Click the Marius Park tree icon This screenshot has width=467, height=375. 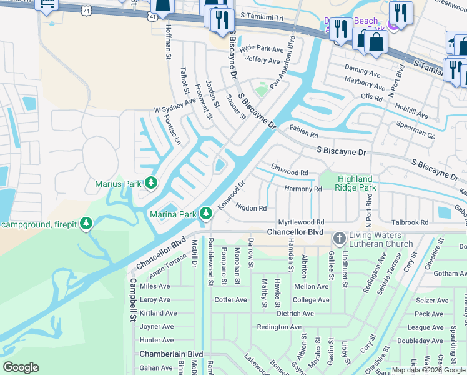(x=150, y=183)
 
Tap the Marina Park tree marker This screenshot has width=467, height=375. (x=205, y=214)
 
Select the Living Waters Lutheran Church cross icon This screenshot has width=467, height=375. (x=339, y=238)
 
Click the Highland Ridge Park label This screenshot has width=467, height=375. (x=355, y=183)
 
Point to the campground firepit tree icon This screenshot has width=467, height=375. (x=87, y=224)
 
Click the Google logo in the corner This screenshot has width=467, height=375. (x=21, y=367)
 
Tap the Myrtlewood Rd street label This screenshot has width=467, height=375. (x=301, y=222)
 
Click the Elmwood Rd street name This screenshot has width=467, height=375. (x=289, y=172)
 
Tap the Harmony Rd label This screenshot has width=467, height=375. (x=303, y=189)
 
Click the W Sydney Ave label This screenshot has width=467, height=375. (x=175, y=109)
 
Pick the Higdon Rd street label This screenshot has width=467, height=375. (x=251, y=208)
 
